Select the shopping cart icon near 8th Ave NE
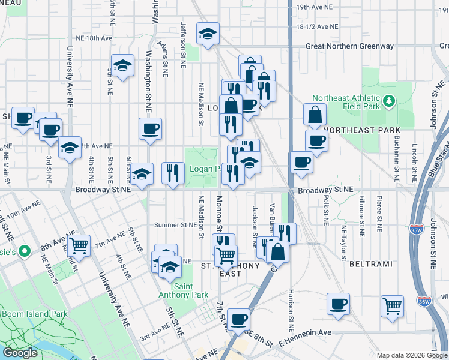(79, 245)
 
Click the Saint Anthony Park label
(184, 290)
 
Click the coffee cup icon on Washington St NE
(150, 128)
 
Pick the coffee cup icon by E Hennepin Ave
(238, 319)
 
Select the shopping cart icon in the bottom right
(392, 305)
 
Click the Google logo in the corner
(20, 353)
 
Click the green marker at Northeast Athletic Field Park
(390, 99)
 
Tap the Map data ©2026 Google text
(411, 355)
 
